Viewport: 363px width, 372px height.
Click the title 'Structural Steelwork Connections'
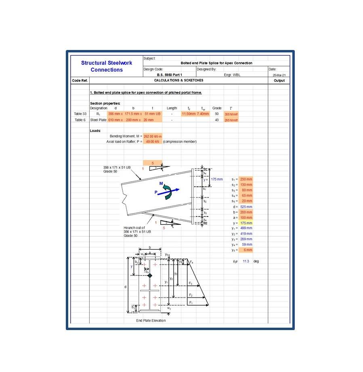click(107, 66)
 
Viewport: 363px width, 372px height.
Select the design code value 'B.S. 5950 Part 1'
click(169, 75)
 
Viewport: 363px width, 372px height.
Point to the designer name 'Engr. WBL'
click(232, 75)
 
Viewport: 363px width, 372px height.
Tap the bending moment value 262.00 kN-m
click(152, 136)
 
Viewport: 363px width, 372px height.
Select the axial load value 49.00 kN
click(152, 142)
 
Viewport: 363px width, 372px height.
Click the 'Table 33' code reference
click(80, 114)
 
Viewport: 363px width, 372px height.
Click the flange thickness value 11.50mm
click(188, 114)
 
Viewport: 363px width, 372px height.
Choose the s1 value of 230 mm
click(245, 179)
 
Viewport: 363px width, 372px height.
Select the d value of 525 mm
click(245, 207)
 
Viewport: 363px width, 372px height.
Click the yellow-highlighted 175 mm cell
click(245, 223)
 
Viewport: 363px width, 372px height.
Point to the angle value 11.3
click(245, 261)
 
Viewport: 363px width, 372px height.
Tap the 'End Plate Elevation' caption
click(151, 321)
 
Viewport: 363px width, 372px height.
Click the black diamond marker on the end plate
click(149, 275)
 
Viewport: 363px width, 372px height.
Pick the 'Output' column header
click(279, 81)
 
